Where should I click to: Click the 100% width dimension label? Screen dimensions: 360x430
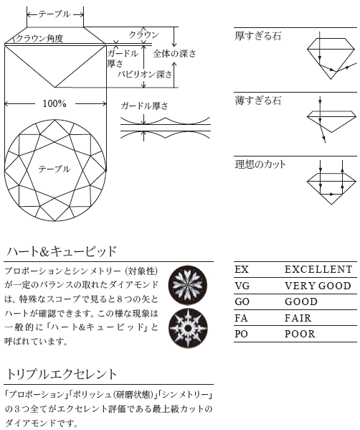pyautogui.click(x=55, y=103)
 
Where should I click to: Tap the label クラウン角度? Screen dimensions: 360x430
pyautogui.click(x=39, y=38)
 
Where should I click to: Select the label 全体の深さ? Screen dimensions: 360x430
pyautogui.click(x=174, y=53)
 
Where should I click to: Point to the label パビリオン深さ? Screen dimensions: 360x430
pyautogui.click(x=145, y=74)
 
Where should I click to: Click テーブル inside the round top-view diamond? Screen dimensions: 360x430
pyautogui.click(x=55, y=169)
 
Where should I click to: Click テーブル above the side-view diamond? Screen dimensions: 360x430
pyautogui.click(x=55, y=14)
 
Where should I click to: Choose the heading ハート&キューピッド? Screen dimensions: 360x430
pyautogui.click(x=62, y=251)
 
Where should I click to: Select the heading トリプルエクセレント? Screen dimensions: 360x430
pyautogui.click(x=62, y=374)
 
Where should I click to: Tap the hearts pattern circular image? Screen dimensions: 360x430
pyautogui.click(x=188, y=285)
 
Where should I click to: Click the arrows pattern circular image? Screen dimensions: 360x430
pyautogui.click(x=188, y=328)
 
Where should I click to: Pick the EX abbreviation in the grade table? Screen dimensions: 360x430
pyautogui.click(x=242, y=270)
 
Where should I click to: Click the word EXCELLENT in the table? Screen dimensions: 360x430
pyautogui.click(x=318, y=270)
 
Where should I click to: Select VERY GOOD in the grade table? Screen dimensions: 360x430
pyautogui.click(x=318, y=286)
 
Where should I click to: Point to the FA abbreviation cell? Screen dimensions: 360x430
pyautogui.click(x=241, y=318)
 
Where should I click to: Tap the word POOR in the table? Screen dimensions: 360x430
pyautogui.click(x=300, y=334)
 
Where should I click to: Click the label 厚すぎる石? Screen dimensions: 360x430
pyautogui.click(x=257, y=36)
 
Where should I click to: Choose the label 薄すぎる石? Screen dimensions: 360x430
pyautogui.click(x=257, y=101)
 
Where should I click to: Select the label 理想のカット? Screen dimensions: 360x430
pyautogui.click(x=260, y=164)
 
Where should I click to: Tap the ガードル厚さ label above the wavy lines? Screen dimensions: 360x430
pyautogui.click(x=144, y=106)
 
